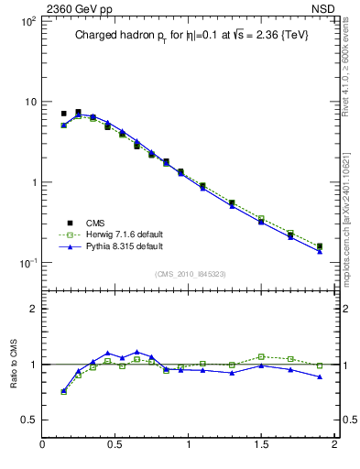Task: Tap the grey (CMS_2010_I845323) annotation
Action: click(186, 273)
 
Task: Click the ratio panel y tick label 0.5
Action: click(27, 420)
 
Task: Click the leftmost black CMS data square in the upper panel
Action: click(64, 114)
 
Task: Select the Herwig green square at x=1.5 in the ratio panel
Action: click(261, 356)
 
